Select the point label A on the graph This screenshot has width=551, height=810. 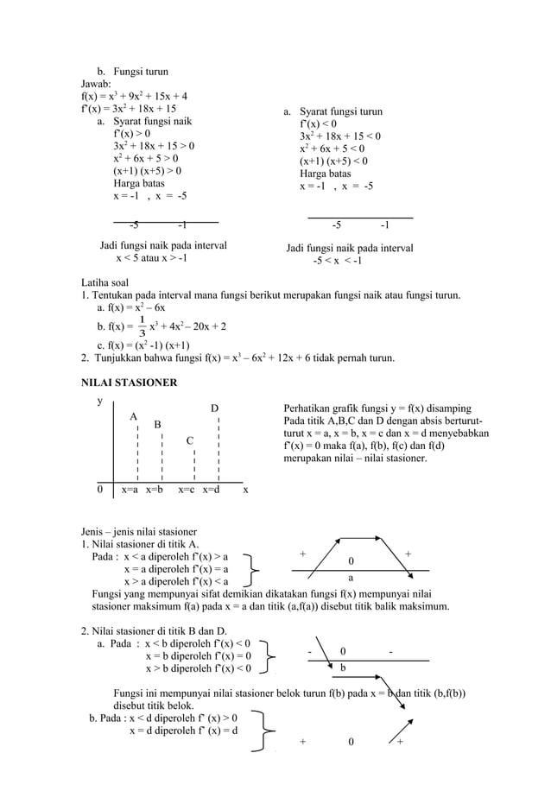point(134,417)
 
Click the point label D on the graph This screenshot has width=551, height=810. point(215,408)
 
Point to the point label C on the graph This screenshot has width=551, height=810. point(189,441)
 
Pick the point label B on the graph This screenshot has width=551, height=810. point(157,425)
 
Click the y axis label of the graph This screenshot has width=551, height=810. point(100,402)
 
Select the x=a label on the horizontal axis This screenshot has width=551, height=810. point(130,490)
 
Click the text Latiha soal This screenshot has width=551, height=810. point(104,282)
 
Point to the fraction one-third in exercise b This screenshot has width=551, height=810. point(142,326)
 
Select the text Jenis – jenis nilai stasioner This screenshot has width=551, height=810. point(139,530)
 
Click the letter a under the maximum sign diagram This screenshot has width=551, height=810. point(351,577)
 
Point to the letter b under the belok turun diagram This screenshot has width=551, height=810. point(343,668)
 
